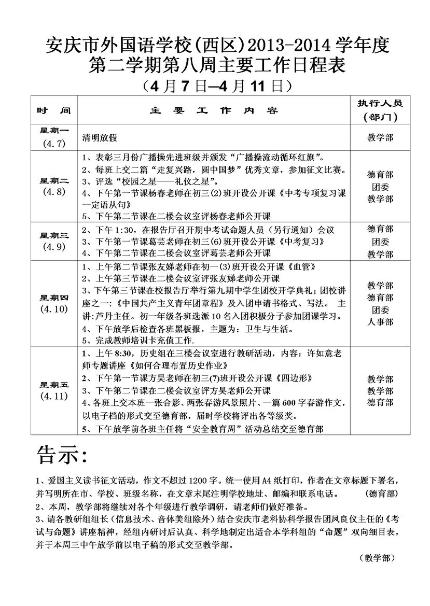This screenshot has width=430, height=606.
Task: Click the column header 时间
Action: pos(53,110)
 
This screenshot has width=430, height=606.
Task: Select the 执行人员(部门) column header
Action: pos(380,109)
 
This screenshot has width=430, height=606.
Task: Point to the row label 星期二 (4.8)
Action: pos(54,186)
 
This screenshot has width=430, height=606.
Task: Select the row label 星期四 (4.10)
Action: pos(54,303)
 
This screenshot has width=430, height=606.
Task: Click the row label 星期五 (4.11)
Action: pos(54,390)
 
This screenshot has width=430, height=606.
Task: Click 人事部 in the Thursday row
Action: pos(380,322)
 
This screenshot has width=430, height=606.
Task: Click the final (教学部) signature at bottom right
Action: pos(377,557)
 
